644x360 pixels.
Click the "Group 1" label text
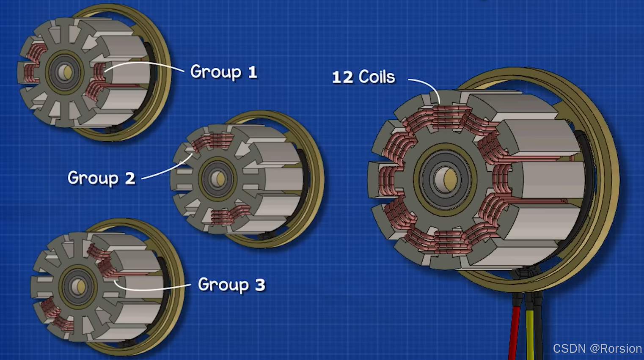pos(224,72)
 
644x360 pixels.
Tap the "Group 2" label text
pos(102,178)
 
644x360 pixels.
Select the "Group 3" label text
pos(232,285)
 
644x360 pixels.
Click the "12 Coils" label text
pos(364,77)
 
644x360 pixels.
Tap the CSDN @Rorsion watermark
pos(597,349)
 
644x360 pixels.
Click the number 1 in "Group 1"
pos(252,72)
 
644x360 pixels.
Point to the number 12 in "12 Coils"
pos(342,77)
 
